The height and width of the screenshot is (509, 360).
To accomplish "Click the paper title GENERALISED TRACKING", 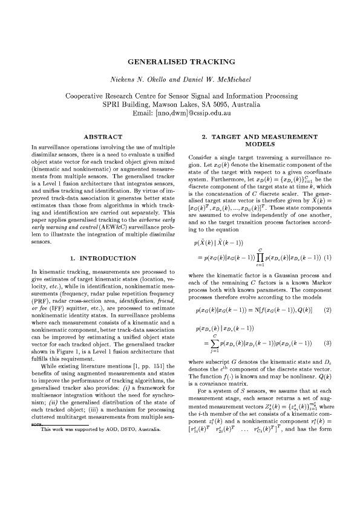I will point(180,62).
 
